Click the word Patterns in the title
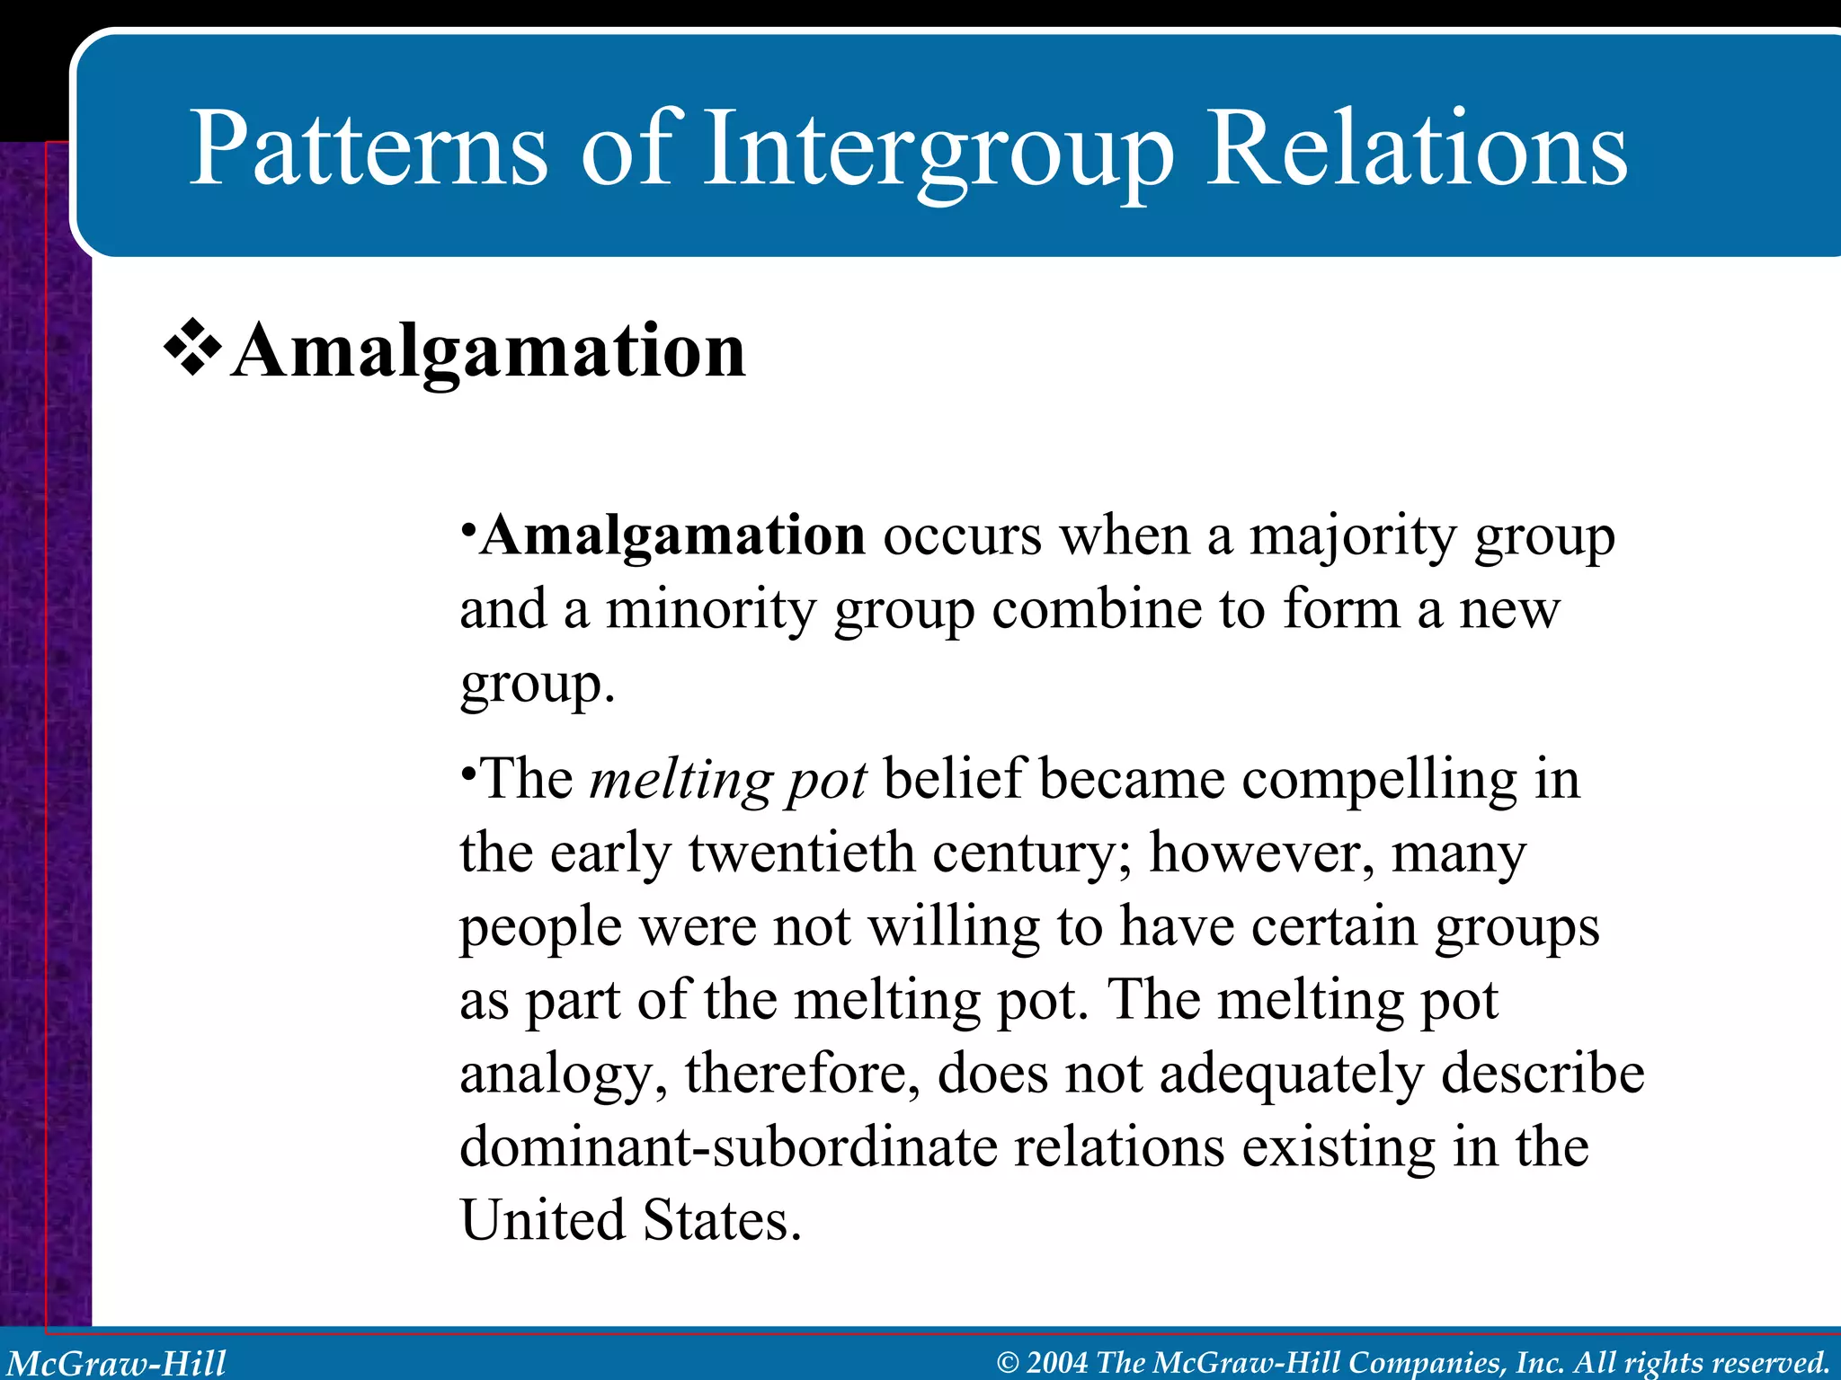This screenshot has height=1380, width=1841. (x=368, y=148)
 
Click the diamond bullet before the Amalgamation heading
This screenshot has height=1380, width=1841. (x=192, y=351)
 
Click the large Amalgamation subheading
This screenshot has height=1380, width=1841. (x=488, y=351)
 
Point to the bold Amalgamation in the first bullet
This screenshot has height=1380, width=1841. (x=672, y=536)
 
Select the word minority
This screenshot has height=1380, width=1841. (x=710, y=610)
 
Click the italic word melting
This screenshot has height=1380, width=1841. (x=680, y=779)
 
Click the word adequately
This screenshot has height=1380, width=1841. (x=1292, y=1074)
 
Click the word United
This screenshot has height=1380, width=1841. (x=542, y=1221)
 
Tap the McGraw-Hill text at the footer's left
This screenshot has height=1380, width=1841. (x=117, y=1363)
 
